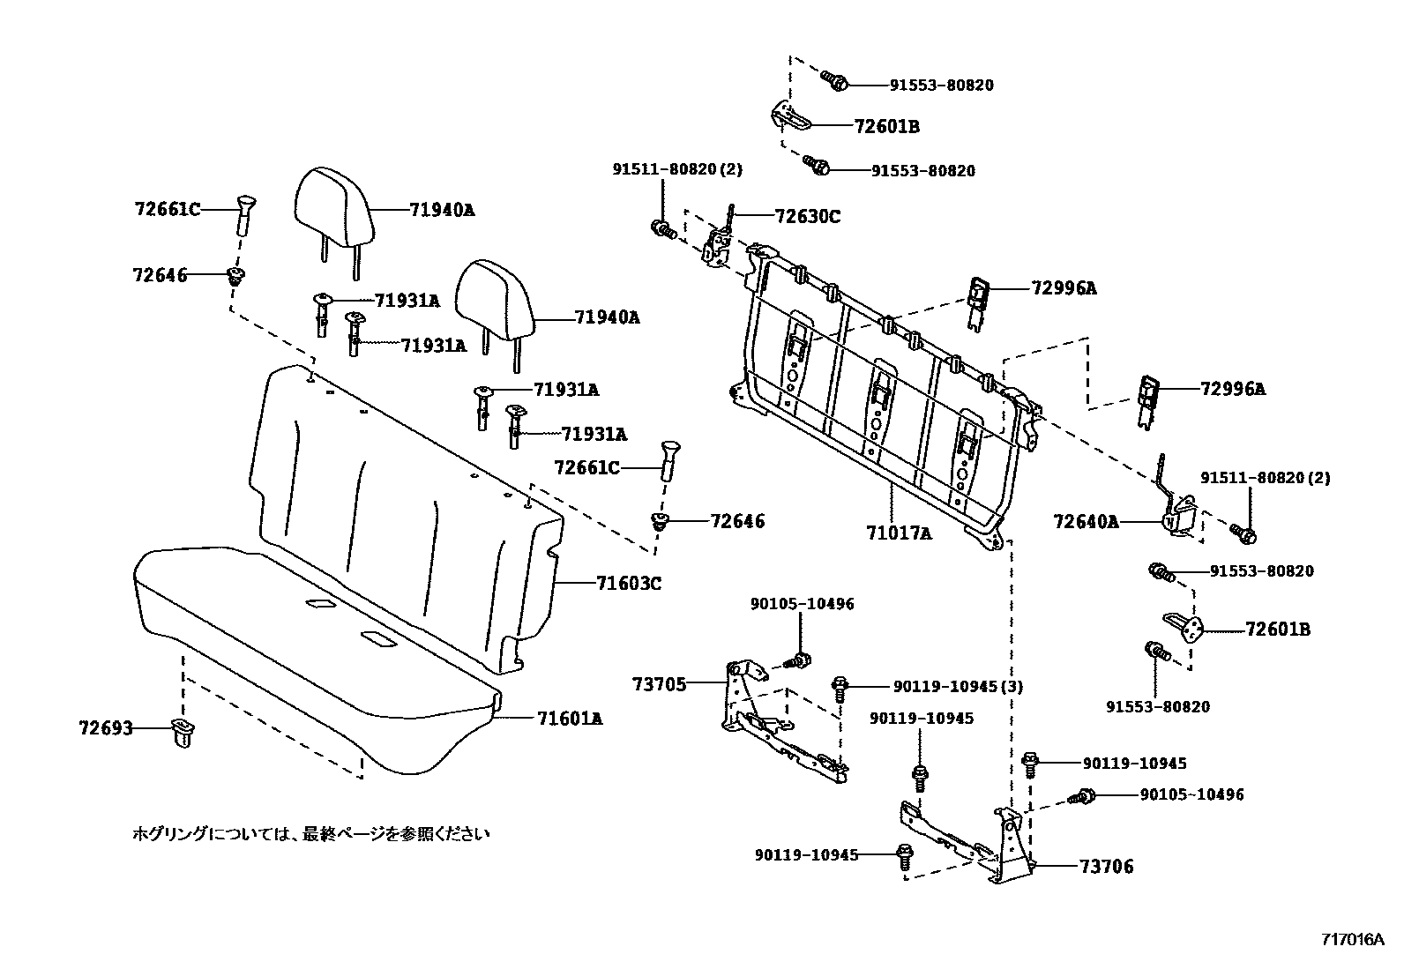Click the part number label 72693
105,728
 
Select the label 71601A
570,719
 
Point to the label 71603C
629,583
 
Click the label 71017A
899,533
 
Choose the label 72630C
808,215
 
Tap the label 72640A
1086,522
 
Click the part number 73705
659,683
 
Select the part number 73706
1107,867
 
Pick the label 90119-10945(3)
959,686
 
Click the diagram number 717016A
1352,939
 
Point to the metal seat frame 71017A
882,388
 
